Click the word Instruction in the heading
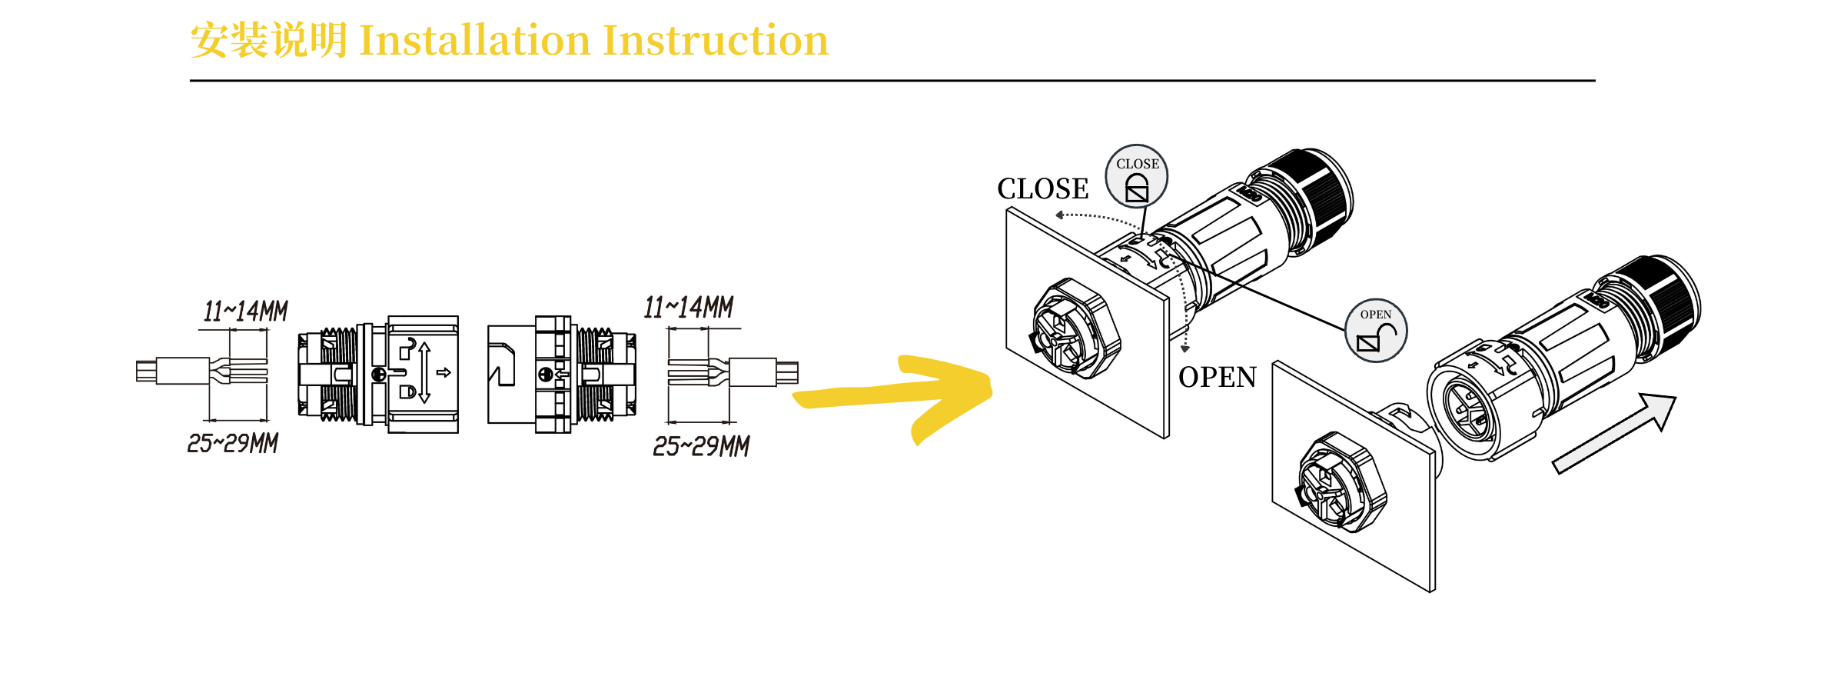pos(716,40)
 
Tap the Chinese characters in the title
pos(269,40)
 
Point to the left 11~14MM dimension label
pos(245,311)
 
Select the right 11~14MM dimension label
pos(689,307)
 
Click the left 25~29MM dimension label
pos(233,443)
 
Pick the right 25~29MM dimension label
pos(701,446)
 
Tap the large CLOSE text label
pos(1043,188)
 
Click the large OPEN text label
pos(1218,377)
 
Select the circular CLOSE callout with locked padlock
pos(1137,176)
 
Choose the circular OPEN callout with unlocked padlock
pos(1376,331)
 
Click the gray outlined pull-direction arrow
pos(1614,433)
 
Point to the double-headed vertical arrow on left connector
pos(424,373)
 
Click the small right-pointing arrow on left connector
pos(444,373)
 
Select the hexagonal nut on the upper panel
pos(1076,328)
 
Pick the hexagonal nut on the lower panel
pos(1342,482)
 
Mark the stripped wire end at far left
pos(146,371)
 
